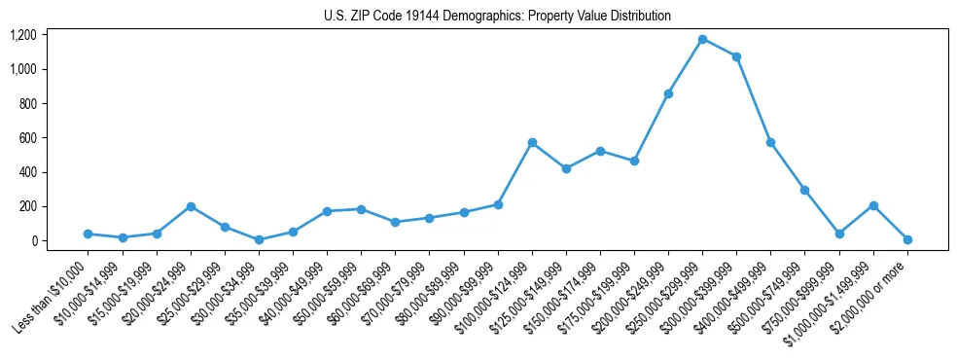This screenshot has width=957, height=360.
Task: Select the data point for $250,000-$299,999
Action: click(702, 39)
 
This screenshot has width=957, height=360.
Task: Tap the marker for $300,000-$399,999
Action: click(736, 56)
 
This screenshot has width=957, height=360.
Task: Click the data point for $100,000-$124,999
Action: click(532, 142)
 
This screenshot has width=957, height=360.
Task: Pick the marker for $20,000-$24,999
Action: click(191, 206)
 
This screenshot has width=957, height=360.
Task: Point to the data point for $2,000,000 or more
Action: click(907, 239)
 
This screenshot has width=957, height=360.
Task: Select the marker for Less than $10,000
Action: click(89, 234)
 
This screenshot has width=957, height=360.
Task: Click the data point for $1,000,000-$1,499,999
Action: click(873, 205)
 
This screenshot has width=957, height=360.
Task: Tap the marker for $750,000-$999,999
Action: click(839, 234)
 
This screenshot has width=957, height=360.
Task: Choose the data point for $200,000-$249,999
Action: click(668, 93)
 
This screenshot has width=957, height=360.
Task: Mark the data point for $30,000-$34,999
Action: click(259, 239)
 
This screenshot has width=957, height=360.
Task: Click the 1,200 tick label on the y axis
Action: click(23, 35)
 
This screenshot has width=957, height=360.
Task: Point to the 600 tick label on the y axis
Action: click(27, 138)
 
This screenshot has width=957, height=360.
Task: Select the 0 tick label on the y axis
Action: click(33, 241)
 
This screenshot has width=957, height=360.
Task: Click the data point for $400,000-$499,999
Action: click(770, 142)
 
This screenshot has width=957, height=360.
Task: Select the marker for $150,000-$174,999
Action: click(600, 151)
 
